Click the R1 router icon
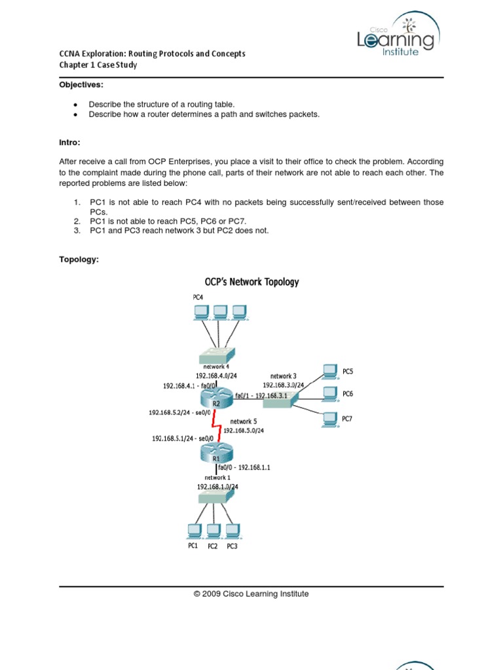point(217,450)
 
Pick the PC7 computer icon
point(328,419)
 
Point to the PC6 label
point(347,394)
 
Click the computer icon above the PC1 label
point(194,529)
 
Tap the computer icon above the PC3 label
point(231,529)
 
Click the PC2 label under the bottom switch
point(212,546)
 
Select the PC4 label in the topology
point(198,297)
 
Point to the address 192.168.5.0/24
point(244,431)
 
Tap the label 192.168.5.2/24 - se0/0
point(179,413)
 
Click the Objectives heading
point(81,85)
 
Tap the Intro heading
point(70,142)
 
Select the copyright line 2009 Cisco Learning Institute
point(251,594)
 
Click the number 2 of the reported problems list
point(77,221)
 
